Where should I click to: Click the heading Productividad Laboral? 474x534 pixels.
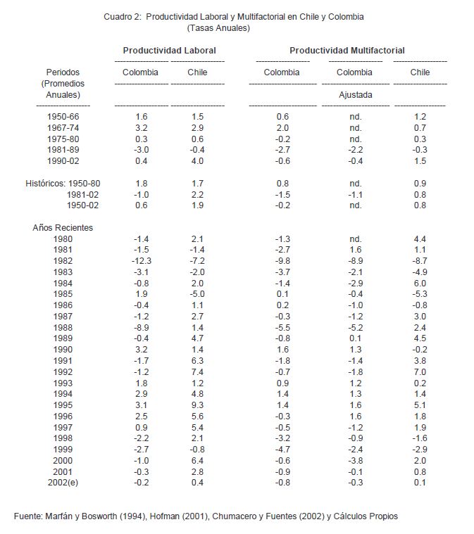pyautogui.click(x=169, y=51)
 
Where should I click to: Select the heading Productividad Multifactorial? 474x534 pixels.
pyautogui.click(x=347, y=51)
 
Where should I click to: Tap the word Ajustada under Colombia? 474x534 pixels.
pyautogui.click(x=355, y=94)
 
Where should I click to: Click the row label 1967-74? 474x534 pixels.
pyautogui.click(x=63, y=128)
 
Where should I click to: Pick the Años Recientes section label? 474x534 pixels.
pyautogui.click(x=63, y=228)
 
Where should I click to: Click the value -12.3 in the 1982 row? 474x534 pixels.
pyautogui.click(x=141, y=261)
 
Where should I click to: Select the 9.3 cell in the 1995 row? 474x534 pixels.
pyautogui.click(x=197, y=405)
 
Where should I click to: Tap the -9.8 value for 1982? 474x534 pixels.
pyautogui.click(x=282, y=261)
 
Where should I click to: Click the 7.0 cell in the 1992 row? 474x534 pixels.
pyautogui.click(x=420, y=372)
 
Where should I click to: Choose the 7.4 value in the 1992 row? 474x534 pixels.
pyautogui.click(x=197, y=372)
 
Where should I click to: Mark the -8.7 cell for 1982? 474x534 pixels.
pyautogui.click(x=420, y=261)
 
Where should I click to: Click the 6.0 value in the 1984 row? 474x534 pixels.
pyautogui.click(x=420, y=284)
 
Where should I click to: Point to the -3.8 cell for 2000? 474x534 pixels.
pyautogui.click(x=355, y=461)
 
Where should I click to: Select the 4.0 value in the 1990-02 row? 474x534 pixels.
pyautogui.click(x=197, y=161)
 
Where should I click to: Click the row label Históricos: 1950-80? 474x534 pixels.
pyautogui.click(x=63, y=184)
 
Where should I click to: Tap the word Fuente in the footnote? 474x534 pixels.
pyautogui.click(x=28, y=516)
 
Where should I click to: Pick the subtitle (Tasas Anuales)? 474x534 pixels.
pyautogui.click(x=219, y=29)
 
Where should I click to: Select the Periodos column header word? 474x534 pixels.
pyautogui.click(x=63, y=72)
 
